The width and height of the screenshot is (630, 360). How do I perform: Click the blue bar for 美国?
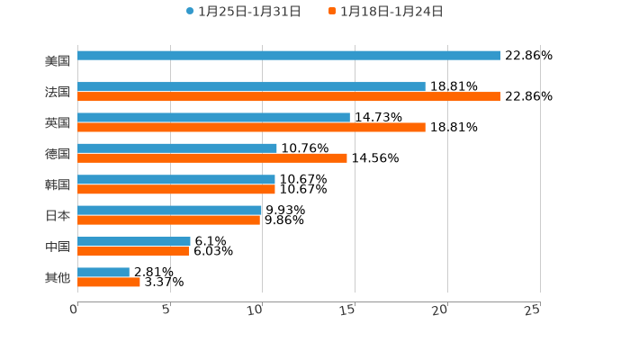point(288,56)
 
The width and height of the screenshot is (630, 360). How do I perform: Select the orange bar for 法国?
point(288,96)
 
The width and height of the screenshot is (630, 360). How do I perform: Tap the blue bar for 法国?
point(251,86)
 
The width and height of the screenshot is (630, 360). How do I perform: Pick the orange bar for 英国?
point(251,127)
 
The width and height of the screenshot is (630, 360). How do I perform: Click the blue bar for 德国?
point(177,148)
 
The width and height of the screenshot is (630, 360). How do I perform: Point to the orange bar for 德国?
point(212,158)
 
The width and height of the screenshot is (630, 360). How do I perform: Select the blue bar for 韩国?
point(176,179)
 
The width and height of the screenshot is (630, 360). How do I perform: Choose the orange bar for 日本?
point(169,220)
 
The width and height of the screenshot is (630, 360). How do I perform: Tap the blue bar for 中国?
point(134,241)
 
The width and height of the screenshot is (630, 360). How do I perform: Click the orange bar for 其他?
point(109,282)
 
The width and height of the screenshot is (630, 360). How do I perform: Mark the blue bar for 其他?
point(103,272)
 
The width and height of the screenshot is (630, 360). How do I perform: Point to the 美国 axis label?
point(58,61)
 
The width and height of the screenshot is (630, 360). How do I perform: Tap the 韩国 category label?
point(58,184)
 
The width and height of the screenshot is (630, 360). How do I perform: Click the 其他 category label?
point(58,277)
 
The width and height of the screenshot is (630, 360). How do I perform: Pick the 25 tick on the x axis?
point(533,310)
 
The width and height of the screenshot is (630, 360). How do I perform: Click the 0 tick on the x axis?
point(75,310)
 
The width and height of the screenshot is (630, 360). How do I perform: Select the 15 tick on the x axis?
point(347,310)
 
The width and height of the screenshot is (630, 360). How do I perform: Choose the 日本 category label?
point(58,216)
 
